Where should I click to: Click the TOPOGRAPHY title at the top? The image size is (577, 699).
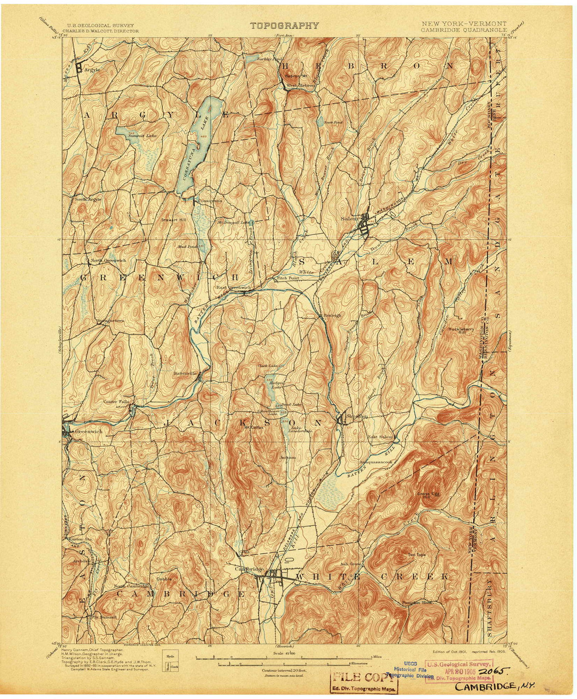(284, 26)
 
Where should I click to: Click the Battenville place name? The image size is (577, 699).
(185, 374)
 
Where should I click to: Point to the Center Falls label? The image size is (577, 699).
(116, 401)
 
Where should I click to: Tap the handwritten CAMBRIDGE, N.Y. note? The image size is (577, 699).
(495, 686)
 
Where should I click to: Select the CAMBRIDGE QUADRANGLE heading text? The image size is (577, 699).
(463, 30)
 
